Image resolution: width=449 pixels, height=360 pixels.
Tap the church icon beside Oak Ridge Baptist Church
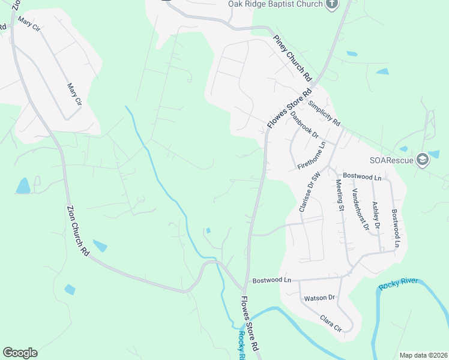(x=332, y=4)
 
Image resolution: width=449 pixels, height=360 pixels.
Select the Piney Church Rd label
(x=294, y=58)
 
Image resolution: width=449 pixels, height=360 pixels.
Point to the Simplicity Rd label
(x=324, y=112)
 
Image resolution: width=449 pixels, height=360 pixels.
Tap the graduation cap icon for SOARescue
(x=423, y=159)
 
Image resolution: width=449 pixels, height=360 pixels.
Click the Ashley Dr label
(x=376, y=214)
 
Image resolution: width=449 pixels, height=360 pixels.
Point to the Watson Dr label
(x=319, y=298)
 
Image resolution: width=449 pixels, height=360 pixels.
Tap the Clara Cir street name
(x=331, y=323)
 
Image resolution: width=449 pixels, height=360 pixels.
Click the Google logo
(x=20, y=353)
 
